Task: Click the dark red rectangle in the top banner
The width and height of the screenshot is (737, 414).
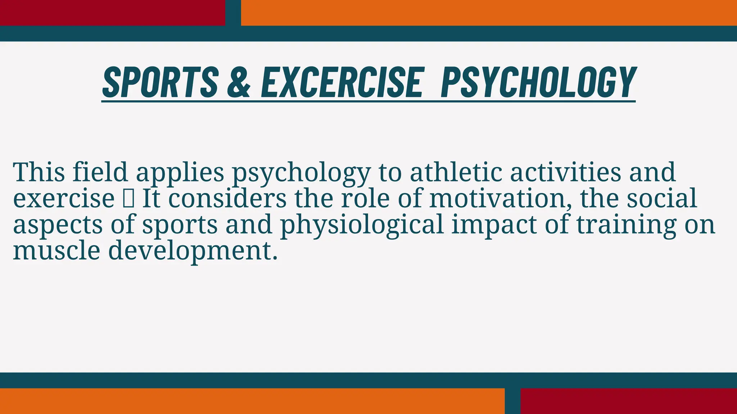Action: pyautogui.click(x=112, y=13)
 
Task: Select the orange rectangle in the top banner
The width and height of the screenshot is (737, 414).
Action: pyautogui.click(x=489, y=13)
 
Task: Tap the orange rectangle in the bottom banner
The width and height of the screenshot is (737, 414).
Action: pyautogui.click(x=252, y=401)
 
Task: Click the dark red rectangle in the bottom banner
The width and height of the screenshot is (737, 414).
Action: pyautogui.click(x=629, y=401)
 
